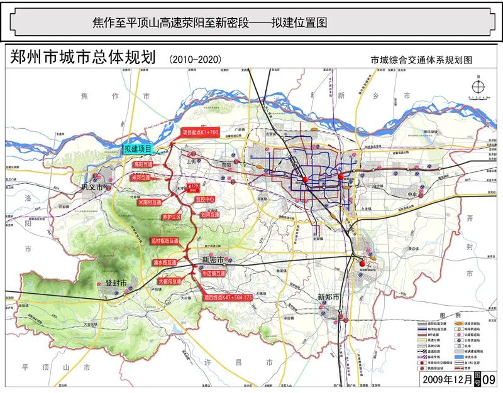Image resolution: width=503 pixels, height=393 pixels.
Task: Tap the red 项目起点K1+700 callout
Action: tap(200, 133)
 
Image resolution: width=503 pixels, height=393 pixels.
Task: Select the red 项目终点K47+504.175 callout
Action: tap(228, 297)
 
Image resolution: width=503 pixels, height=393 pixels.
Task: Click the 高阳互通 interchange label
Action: tap(143, 164)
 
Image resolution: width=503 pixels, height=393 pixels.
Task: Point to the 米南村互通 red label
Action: tap(145, 202)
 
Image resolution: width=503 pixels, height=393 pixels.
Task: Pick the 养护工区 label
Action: tap(171, 217)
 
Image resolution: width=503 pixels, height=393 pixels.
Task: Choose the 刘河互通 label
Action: tap(210, 215)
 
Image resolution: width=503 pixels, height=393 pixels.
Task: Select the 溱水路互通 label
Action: tap(165, 262)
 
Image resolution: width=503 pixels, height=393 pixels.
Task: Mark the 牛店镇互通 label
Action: tap(214, 274)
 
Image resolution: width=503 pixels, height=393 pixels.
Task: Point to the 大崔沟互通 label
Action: tap(170, 281)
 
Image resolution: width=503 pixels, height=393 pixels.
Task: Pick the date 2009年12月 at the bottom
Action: tap(446, 379)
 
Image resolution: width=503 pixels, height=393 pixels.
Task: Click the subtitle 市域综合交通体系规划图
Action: tap(421, 60)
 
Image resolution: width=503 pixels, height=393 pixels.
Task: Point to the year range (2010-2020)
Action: tap(196, 59)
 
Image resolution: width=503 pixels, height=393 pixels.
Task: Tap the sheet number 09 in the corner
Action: tap(489, 379)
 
